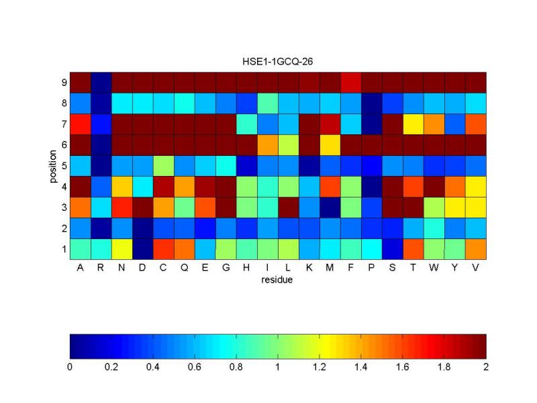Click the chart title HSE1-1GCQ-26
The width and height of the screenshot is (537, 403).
[278, 61]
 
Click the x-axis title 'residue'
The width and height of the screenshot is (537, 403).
[278, 281]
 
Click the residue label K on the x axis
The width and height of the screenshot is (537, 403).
[309, 267]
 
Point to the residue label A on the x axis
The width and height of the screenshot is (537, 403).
[80, 267]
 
